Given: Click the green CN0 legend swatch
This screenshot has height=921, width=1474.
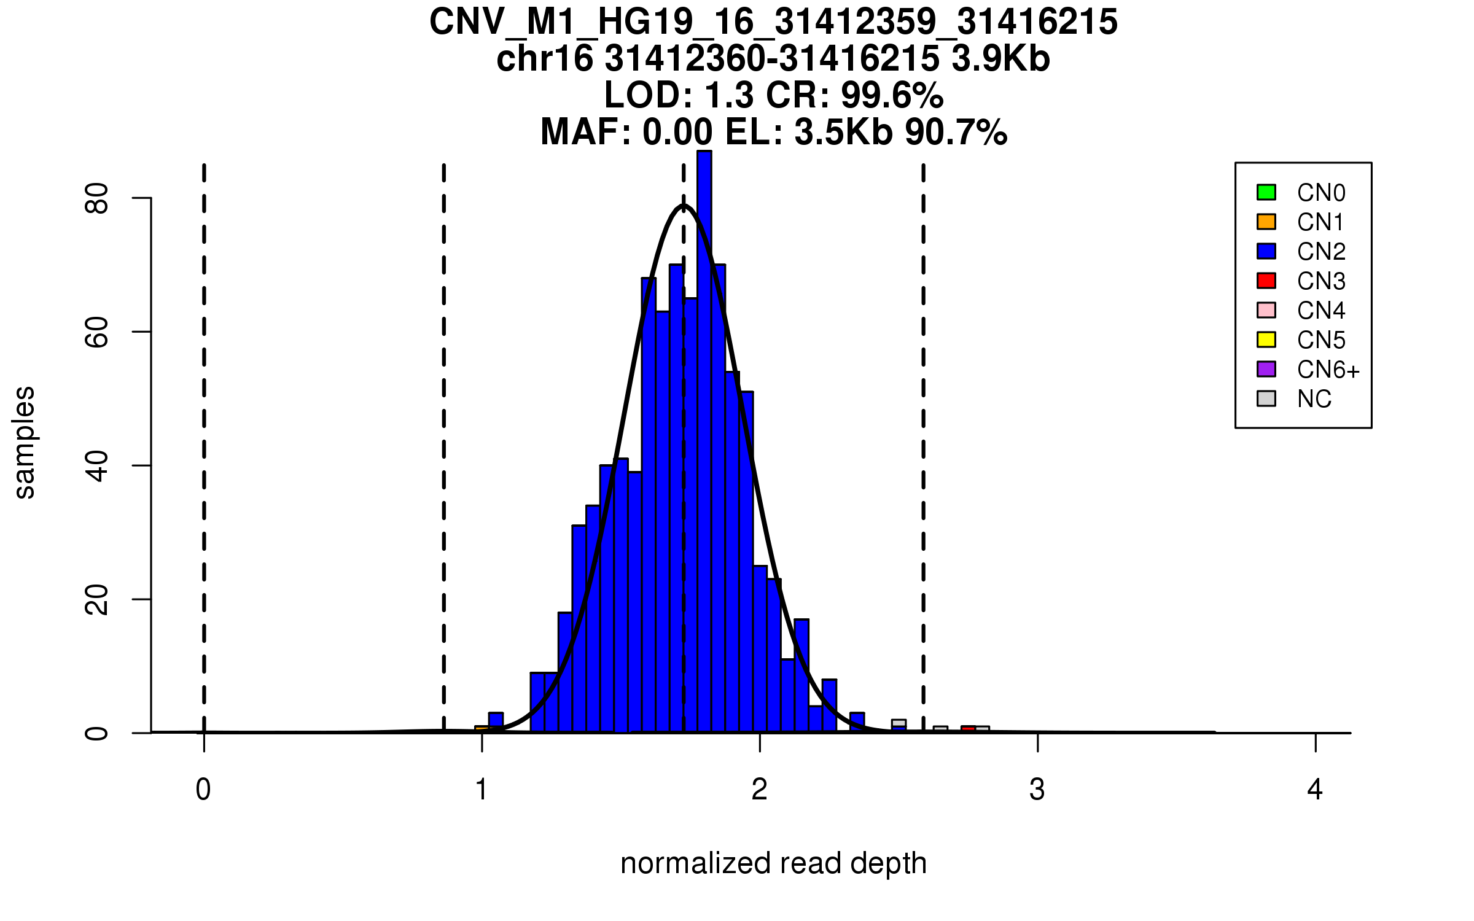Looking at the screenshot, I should point(1266,192).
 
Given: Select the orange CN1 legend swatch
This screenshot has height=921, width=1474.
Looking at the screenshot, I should point(1266,222).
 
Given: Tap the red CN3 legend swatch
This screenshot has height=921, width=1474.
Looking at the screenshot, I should point(1266,281).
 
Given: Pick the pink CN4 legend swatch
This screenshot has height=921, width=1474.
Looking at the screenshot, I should point(1266,310).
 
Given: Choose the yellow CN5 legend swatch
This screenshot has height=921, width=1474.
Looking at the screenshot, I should point(1266,340).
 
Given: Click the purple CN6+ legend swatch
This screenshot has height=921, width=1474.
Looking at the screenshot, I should point(1266,369).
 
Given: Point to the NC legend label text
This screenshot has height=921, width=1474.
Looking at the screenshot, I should point(1314,399).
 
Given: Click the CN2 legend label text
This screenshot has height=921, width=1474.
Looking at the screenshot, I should point(1321,252).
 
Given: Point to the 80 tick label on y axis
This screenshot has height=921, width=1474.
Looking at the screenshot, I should point(97,198).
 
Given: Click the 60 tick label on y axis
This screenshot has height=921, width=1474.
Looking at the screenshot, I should point(97,332).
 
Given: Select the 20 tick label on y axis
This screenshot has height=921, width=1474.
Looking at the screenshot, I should point(97,599).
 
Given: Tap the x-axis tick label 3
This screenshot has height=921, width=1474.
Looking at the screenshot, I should point(1037,790).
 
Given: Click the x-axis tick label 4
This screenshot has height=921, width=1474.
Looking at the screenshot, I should point(1315,790).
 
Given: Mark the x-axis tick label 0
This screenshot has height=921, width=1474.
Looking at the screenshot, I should point(203,790).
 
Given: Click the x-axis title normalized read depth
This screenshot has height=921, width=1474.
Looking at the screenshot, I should point(773,863).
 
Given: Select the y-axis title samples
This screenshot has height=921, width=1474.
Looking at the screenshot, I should point(25,442).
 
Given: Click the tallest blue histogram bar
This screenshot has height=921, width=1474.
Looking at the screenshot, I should point(704,430).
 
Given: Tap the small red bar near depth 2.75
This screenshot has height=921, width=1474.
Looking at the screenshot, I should point(969,729).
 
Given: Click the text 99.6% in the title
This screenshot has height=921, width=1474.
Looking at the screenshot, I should point(892,95).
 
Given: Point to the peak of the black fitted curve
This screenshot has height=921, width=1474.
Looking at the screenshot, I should point(684,206).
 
